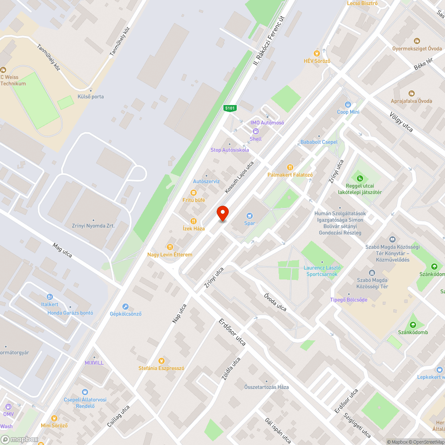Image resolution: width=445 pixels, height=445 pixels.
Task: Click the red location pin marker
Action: [222, 214]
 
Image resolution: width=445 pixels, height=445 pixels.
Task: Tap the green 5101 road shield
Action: [230, 108]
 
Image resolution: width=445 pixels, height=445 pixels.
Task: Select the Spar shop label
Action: [249, 223]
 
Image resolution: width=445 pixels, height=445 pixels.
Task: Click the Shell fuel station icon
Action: [256, 131]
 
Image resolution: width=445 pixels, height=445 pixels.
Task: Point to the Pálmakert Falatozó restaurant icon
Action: [290, 167]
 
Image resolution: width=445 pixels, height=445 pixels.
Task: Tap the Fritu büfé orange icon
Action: [194, 192]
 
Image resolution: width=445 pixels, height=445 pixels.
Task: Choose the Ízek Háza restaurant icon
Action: [194, 221]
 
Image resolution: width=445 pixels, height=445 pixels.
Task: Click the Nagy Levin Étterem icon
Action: [170, 247]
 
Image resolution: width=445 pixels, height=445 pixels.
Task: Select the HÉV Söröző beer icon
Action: [317, 53]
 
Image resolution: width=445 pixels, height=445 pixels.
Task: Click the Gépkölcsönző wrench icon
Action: [125, 306]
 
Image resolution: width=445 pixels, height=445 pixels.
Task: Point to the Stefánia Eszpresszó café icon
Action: [162, 360]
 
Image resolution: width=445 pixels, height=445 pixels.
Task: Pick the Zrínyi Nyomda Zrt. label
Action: [93, 226]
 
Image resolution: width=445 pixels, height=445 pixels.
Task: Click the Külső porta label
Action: [91, 97]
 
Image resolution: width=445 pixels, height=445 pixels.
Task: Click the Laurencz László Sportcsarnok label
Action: [323, 271]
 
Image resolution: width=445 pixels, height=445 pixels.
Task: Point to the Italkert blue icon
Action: [50, 297]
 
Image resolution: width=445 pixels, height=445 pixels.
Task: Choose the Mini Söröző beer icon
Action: [54, 418]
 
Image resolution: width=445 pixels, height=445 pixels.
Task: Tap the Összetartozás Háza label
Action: [266, 387]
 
